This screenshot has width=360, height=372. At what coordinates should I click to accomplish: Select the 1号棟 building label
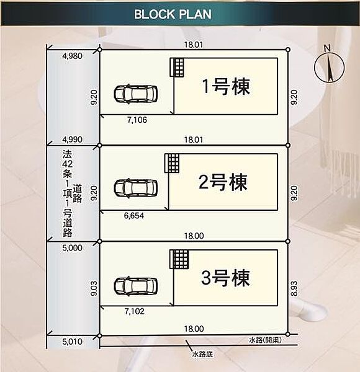[226, 87]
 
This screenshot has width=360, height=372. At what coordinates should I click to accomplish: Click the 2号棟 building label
[222, 182]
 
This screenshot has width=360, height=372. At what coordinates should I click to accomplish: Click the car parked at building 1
[136, 94]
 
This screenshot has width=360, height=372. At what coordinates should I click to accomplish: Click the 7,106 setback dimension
[136, 120]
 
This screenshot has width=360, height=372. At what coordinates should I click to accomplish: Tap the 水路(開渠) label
[266, 340]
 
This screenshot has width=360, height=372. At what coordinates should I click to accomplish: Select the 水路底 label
[203, 355]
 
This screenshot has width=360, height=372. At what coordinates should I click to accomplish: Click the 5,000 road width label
[73, 247]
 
